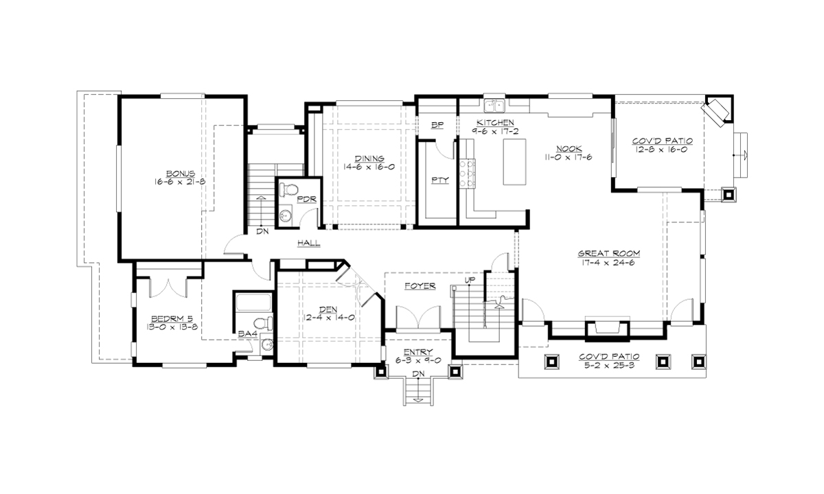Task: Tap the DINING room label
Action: pyautogui.click(x=369, y=157)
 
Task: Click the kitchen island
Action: pyautogui.click(x=515, y=161)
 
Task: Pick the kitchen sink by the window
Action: pyautogui.click(x=494, y=105)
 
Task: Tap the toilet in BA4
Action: pyautogui.click(x=260, y=323)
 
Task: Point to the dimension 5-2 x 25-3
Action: pyautogui.click(x=610, y=366)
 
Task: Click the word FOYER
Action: pyautogui.click(x=420, y=286)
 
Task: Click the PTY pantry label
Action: pyautogui.click(x=439, y=181)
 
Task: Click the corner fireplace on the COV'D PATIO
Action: pyautogui.click(x=718, y=112)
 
